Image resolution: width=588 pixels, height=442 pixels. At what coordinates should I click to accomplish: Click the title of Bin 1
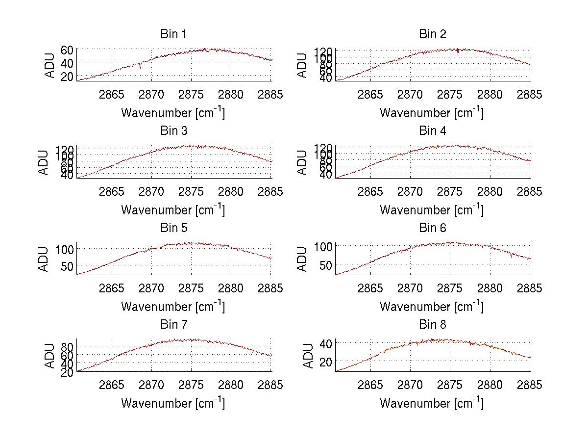tap(173, 34)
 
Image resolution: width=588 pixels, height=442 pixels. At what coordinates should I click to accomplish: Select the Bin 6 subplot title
tap(432, 228)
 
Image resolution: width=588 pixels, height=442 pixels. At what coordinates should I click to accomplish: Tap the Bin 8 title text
tap(432, 325)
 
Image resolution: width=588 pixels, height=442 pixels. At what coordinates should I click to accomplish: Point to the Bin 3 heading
tap(173, 131)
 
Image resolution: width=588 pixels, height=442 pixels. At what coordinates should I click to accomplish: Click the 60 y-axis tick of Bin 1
tap(67, 50)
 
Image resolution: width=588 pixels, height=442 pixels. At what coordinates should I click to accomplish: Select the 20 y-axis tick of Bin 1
tap(67, 76)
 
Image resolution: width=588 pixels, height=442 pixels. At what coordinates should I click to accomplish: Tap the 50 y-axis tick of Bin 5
tap(67, 265)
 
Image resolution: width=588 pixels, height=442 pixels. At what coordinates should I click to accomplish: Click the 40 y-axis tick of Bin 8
tap(325, 343)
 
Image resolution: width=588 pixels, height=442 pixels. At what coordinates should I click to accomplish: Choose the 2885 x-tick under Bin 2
tap(530, 95)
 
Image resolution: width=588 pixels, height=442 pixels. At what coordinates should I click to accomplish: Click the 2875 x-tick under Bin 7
tap(192, 385)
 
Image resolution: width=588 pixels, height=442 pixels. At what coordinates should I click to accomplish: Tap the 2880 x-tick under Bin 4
tap(490, 191)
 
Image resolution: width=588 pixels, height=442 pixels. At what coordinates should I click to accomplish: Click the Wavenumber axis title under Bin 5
tap(173, 307)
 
